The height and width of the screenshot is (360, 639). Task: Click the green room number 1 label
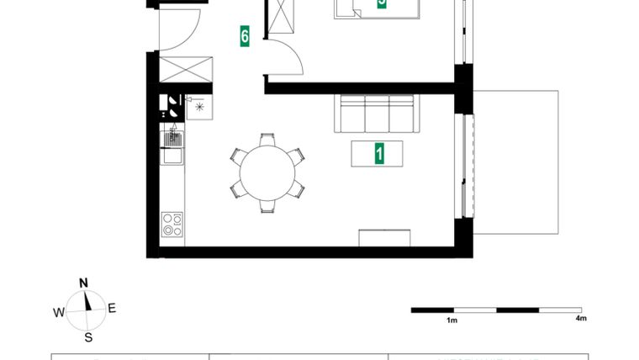(379, 154)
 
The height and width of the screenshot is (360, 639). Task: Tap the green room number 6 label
(245, 36)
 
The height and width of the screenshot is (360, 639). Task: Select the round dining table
(267, 173)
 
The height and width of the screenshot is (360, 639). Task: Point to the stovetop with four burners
(172, 224)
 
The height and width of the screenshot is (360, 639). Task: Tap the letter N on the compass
(83, 283)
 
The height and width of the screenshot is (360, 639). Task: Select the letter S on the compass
(87, 338)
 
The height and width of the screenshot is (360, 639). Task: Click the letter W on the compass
(59, 313)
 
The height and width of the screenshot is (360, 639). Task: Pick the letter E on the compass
(112, 309)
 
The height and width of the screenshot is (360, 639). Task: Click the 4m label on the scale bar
(580, 320)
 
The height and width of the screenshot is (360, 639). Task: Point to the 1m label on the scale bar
(452, 320)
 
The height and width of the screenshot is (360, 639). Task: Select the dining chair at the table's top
(267, 139)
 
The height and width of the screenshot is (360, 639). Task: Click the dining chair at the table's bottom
(267, 207)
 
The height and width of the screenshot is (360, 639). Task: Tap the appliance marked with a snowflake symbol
(199, 107)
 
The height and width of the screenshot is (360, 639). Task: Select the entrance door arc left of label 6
(181, 30)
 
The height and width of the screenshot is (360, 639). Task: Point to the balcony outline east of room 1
(515, 161)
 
